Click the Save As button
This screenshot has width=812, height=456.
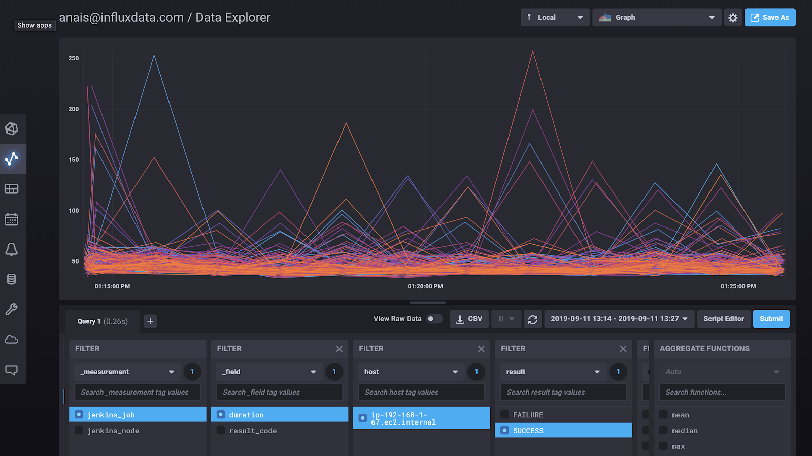pos(770,17)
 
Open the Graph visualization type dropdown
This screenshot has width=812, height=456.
pos(657,17)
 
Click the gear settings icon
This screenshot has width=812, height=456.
pos(733,18)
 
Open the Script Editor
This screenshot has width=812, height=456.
pos(723,319)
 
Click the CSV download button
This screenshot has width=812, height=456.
pos(469,319)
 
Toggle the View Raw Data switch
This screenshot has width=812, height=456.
pos(433,319)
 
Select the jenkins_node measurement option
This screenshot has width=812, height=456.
pos(113,431)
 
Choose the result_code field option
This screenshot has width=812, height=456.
pos(253,431)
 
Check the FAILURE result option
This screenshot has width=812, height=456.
pos(528,415)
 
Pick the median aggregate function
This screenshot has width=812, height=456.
pos(684,431)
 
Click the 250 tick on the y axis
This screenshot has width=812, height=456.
pos(74,58)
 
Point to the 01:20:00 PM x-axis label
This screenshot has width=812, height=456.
pos(425,286)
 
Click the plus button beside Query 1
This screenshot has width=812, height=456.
pos(150,321)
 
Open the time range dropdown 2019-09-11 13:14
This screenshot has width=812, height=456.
pos(619,319)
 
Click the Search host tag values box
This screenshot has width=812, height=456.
pos(421,392)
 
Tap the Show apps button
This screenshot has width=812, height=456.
pos(35,25)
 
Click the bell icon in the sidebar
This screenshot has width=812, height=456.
pos(11,249)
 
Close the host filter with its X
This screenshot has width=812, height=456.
pos(481,349)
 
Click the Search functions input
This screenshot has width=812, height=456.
pos(722,392)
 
